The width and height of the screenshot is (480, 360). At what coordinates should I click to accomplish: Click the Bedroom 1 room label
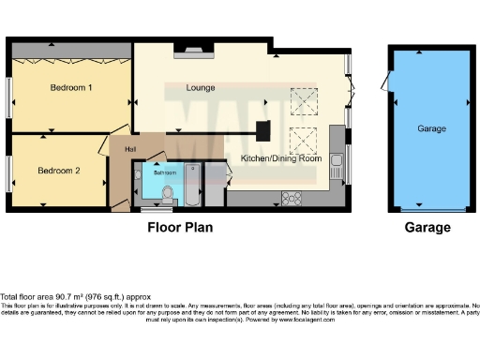tap(70, 88)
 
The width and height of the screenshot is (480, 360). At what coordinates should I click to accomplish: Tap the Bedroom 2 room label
tap(58, 171)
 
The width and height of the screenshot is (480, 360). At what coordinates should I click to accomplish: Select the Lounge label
tap(200, 88)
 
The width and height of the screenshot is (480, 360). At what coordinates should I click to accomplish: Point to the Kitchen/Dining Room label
tap(281, 158)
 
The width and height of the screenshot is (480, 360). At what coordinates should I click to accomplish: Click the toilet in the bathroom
tap(168, 194)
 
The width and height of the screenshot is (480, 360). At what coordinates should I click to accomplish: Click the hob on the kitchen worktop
tap(290, 198)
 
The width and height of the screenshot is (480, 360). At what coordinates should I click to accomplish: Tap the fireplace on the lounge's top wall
tap(194, 51)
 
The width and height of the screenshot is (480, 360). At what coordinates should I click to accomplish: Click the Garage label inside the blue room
tap(431, 128)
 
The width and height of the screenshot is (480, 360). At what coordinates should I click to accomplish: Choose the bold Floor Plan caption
tap(180, 227)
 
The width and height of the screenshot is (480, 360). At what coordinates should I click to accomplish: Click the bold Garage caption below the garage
tap(427, 227)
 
